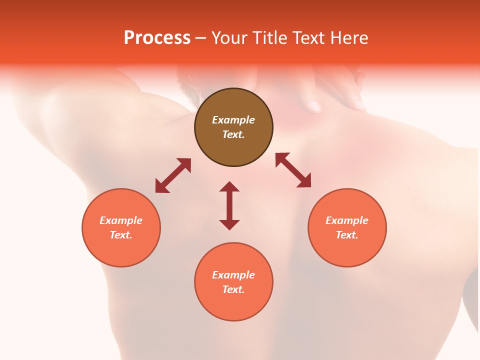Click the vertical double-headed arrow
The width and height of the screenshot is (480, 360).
pyautogui.click(x=229, y=205)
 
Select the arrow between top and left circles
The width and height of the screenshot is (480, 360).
pyautogui.click(x=173, y=175)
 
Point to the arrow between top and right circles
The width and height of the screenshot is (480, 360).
pyautogui.click(x=293, y=170)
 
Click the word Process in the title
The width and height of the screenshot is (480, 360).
pyautogui.click(x=157, y=38)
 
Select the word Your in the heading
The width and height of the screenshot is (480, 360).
pyautogui.click(x=230, y=38)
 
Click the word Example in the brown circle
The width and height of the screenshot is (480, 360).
pyautogui.click(x=233, y=120)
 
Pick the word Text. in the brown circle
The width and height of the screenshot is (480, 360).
pyautogui.click(x=233, y=134)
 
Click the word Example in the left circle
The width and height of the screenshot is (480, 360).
pyautogui.click(x=121, y=220)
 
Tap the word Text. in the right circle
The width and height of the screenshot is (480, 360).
pyautogui.click(x=347, y=235)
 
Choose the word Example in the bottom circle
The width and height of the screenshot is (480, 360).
pyautogui.click(x=233, y=275)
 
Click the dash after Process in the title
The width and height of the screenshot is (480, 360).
pyautogui.click(x=201, y=38)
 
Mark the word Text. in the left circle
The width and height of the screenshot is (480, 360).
pyautogui.click(x=121, y=235)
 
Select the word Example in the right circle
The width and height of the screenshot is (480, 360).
pyautogui.click(x=347, y=220)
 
